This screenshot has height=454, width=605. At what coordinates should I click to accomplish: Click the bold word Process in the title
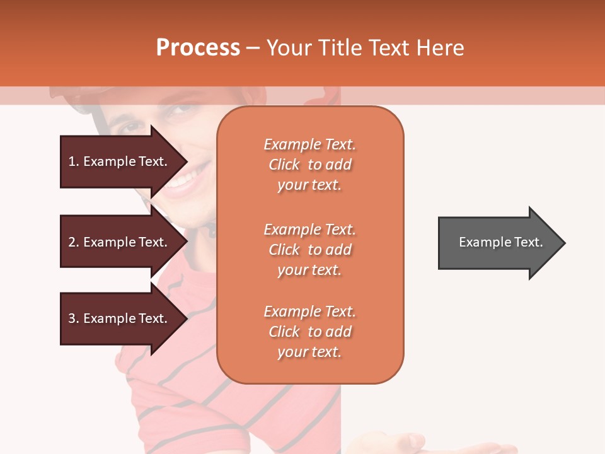coord(198,48)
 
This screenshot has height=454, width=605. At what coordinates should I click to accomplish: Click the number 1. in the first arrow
coord(74,162)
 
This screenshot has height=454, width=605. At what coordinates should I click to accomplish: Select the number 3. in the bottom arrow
coord(74,319)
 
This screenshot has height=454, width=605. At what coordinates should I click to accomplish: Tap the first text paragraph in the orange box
coord(309,165)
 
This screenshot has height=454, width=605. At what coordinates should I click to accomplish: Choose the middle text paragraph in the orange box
coord(309,250)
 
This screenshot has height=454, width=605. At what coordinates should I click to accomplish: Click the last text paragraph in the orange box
coord(309,332)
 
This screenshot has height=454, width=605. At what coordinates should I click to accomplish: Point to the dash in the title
coord(253,48)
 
